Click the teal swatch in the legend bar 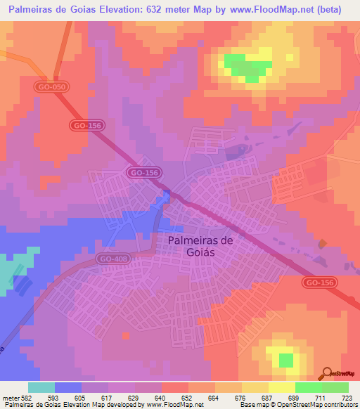pos(41,387)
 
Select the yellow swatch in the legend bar pos(282,387)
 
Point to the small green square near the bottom pos(285,361)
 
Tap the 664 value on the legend pos(214,398)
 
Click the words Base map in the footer pos(250,405)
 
